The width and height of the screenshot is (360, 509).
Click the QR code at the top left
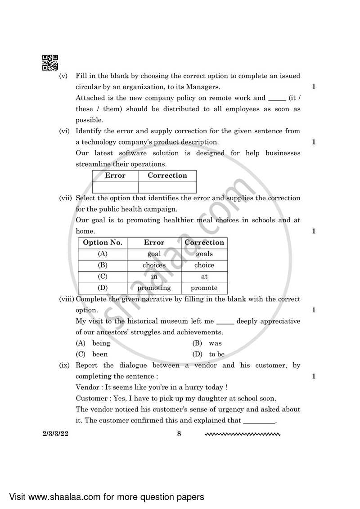coord(50,63)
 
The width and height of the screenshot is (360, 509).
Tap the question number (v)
coord(63,76)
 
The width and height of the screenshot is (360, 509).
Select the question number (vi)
coord(63,131)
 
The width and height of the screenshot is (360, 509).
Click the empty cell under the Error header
coord(115,187)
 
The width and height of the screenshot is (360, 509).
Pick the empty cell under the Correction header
coord(167,187)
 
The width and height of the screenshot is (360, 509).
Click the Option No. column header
coord(103,243)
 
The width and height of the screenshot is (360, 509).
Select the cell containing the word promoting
coord(154,288)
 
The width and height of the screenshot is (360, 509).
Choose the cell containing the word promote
coord(204,288)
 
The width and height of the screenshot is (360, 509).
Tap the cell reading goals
coord(204,254)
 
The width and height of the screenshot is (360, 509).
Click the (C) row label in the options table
coord(103,277)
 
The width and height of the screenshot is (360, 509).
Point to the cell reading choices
coord(154,265)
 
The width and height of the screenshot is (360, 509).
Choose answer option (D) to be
coord(208,354)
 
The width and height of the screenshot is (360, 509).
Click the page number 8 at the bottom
coord(179,434)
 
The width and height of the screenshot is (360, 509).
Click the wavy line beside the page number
coord(243,435)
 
